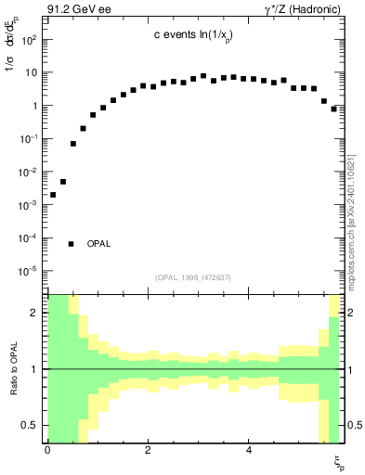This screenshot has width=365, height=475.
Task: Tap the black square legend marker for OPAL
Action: pos(72,244)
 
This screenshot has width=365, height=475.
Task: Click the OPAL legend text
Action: pos(99,244)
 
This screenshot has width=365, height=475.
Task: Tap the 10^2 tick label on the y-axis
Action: pos(30,40)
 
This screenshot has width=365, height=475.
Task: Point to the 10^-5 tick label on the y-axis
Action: pos(30,272)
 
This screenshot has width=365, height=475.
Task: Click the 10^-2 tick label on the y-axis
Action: pos(30,173)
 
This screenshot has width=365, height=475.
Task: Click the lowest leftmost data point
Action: pos(53,195)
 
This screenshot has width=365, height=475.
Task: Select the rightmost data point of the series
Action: pos(333,109)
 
